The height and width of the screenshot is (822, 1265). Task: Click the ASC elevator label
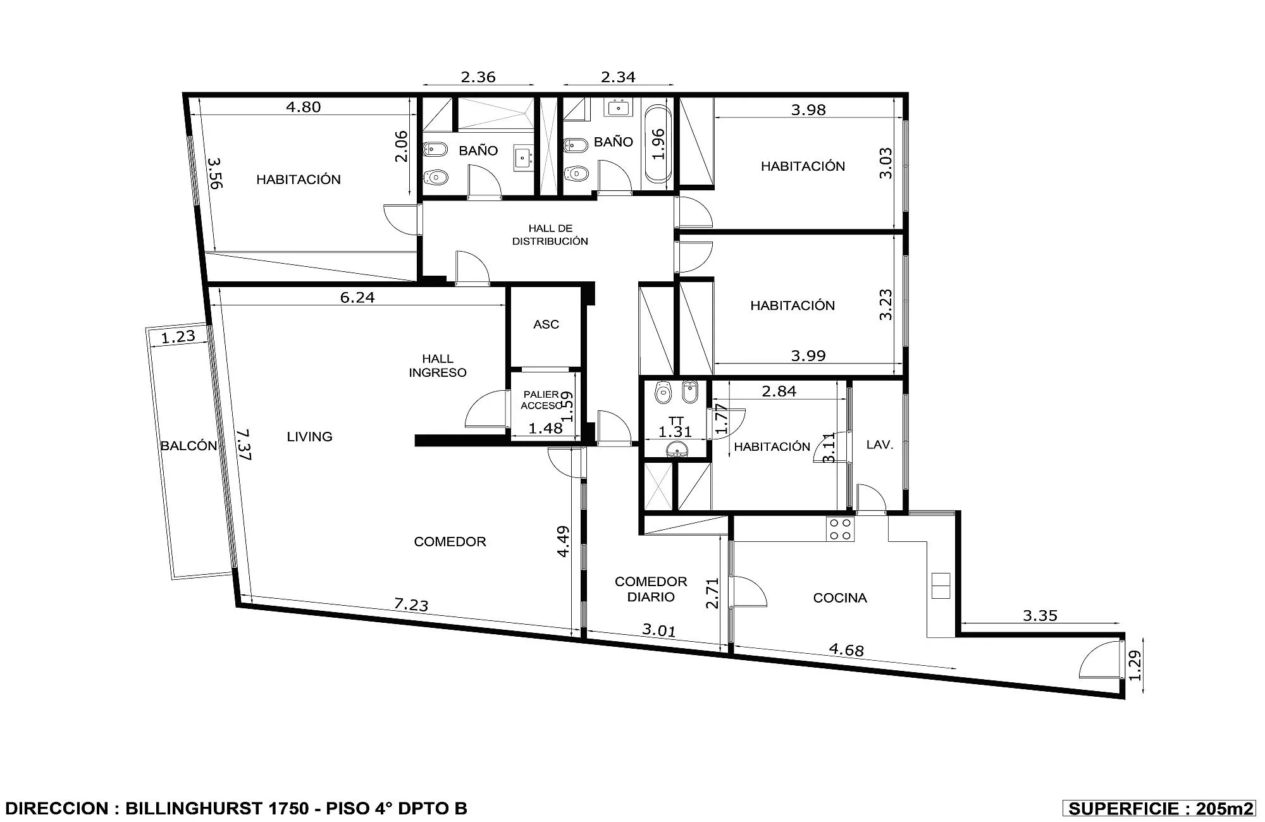(x=546, y=324)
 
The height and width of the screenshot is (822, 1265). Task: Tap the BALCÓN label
(x=188, y=446)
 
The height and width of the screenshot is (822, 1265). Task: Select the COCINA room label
(x=840, y=598)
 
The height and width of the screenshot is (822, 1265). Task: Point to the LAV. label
(x=880, y=445)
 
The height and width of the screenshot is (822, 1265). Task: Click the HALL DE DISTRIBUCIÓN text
(x=550, y=235)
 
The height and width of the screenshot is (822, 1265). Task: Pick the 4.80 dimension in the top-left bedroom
(x=304, y=107)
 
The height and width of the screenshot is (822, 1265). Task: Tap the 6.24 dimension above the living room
(x=357, y=297)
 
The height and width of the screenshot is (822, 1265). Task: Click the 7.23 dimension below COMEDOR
(x=411, y=604)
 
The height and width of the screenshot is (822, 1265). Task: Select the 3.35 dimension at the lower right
(x=1040, y=615)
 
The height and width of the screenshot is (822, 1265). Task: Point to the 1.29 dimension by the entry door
(x=1135, y=666)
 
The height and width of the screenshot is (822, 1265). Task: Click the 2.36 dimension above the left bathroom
(x=478, y=77)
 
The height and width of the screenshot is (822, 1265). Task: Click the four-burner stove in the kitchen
(x=841, y=529)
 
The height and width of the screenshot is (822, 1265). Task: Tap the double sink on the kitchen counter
(x=941, y=586)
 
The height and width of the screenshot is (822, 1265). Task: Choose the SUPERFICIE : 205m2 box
(x=1159, y=809)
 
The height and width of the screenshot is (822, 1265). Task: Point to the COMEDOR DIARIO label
(x=651, y=589)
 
